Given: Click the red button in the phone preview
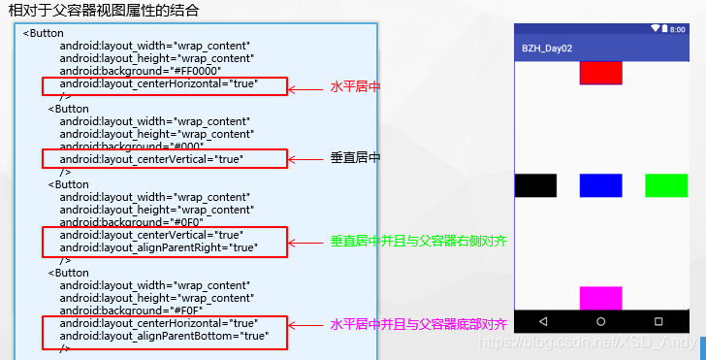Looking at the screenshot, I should click(x=600, y=73).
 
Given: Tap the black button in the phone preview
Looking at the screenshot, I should click(x=535, y=185).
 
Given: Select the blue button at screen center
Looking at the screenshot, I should click(x=600, y=185).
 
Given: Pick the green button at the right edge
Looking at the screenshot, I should click(x=666, y=185).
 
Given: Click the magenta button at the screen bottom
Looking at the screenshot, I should click(x=600, y=298).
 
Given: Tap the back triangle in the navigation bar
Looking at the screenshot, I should click(x=542, y=321).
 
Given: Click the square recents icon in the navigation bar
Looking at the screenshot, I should click(x=658, y=321).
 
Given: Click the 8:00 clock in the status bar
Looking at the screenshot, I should click(x=677, y=29).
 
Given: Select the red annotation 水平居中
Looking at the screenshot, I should click(x=355, y=87).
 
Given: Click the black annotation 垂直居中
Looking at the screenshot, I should click(x=355, y=158).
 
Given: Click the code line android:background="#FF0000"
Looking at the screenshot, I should click(x=140, y=71).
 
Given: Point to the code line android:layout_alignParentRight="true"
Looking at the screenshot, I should click(x=158, y=247).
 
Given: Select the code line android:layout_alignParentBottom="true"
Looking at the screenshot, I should click(x=164, y=336).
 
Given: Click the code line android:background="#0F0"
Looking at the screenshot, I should click(x=130, y=221).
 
